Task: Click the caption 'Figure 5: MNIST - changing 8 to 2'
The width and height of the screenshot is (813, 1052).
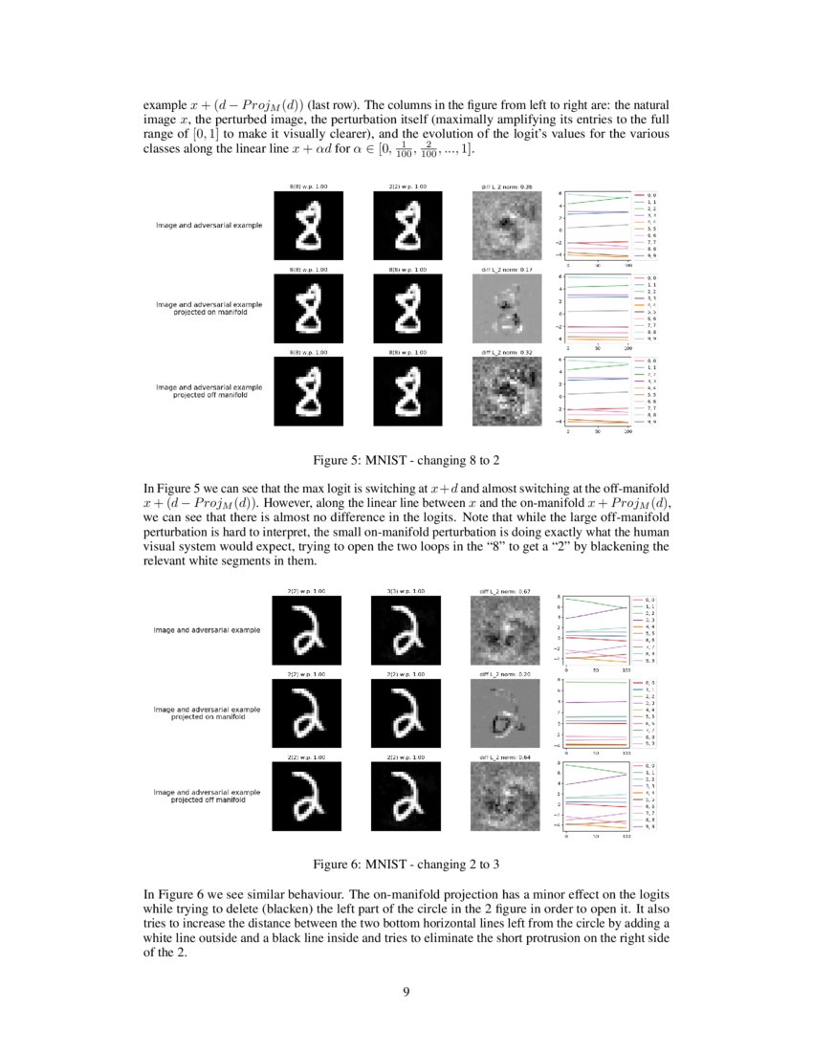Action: coord(406,458)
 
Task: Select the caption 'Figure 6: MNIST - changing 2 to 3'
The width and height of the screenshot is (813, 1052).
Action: coord(406,865)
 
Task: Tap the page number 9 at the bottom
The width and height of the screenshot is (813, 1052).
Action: coord(406,991)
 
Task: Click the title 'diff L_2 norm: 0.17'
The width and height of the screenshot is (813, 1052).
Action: coord(506,270)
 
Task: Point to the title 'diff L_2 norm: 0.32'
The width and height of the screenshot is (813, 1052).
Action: coord(506,352)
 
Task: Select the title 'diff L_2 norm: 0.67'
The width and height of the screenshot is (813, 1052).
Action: coord(506,592)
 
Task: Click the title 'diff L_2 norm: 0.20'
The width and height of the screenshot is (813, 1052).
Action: coord(506,674)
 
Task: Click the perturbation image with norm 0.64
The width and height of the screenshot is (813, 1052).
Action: coord(506,798)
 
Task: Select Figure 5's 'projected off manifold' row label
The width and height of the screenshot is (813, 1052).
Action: coord(209,391)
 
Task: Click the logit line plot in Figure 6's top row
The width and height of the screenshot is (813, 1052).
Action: coord(595,631)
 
